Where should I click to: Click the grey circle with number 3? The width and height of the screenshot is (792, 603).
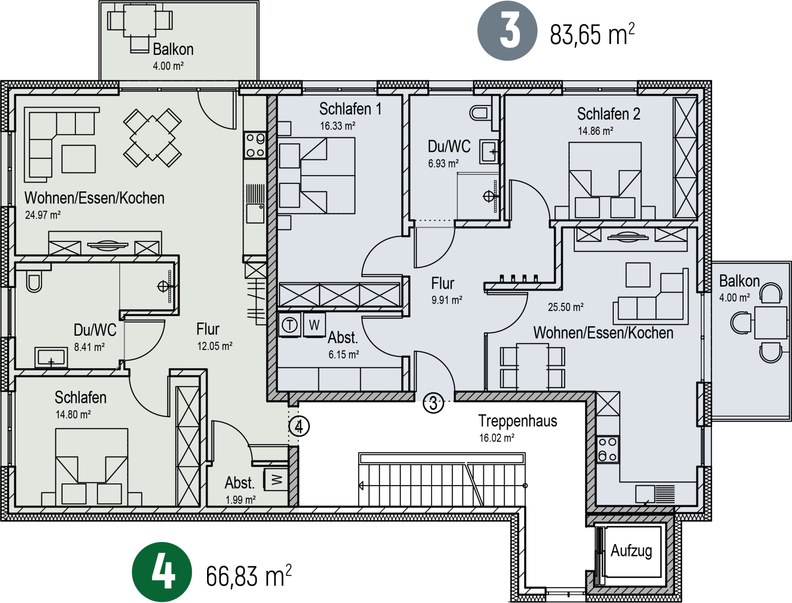tap(507, 31)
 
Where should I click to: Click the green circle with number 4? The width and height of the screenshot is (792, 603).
tap(162, 572)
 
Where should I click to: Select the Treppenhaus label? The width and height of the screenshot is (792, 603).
tap(518, 421)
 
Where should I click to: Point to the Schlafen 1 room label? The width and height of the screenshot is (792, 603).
tap(350, 109)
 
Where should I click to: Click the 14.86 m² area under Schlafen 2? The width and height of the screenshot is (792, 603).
tap(595, 131)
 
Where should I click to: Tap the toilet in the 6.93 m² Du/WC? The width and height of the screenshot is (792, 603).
tap(480, 113)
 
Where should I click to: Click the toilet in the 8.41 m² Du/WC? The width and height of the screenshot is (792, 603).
tap(34, 280)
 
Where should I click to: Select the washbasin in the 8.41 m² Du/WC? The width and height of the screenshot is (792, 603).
tap(51, 357)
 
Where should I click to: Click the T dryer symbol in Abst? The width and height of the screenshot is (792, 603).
tap(290, 325)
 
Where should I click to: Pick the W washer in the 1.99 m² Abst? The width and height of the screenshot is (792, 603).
tap(276, 480)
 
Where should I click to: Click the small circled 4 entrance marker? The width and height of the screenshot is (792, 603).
tap(299, 426)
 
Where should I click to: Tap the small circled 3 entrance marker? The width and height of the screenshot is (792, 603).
tap(434, 403)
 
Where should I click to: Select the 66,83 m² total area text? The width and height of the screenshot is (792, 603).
tap(249, 575)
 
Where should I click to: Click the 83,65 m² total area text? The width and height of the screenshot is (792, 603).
tap(592, 34)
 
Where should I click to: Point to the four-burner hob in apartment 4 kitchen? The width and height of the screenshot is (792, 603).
tap(255, 145)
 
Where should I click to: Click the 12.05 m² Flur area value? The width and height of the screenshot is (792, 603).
tap(214, 346)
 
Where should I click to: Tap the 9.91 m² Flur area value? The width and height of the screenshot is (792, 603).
tap(447, 300)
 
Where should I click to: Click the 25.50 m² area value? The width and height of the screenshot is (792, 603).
tap(566, 307)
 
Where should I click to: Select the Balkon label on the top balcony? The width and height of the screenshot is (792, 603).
tap(173, 49)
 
